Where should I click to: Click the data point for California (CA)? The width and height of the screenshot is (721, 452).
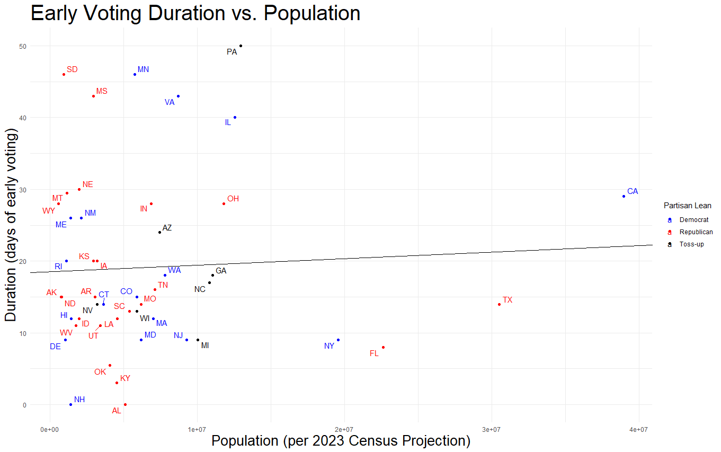coord(624,196)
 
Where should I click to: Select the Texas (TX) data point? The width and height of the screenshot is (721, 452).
coord(499,304)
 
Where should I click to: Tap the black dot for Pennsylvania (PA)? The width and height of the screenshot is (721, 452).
coord(241,46)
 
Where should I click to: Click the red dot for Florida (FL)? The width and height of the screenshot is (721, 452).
coord(383,347)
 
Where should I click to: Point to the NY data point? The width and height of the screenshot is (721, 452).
coord(338,340)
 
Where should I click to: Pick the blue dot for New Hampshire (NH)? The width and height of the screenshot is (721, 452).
coord(70,404)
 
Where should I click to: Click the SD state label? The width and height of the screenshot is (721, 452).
coord(72,69)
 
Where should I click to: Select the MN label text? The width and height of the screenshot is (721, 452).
coord(143,69)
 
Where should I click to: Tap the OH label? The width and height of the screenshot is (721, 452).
coord(233,199)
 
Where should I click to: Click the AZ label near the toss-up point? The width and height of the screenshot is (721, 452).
coord(167,228)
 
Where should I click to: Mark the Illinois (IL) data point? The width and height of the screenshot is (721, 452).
coord(235,117)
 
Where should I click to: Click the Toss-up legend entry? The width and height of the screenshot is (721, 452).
coord(691,244)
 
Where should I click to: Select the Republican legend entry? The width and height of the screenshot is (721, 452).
coord(696,232)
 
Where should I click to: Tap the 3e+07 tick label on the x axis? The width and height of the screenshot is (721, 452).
coord(491,428)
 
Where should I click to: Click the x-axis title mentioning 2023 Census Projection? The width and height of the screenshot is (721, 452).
coord(340,440)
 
